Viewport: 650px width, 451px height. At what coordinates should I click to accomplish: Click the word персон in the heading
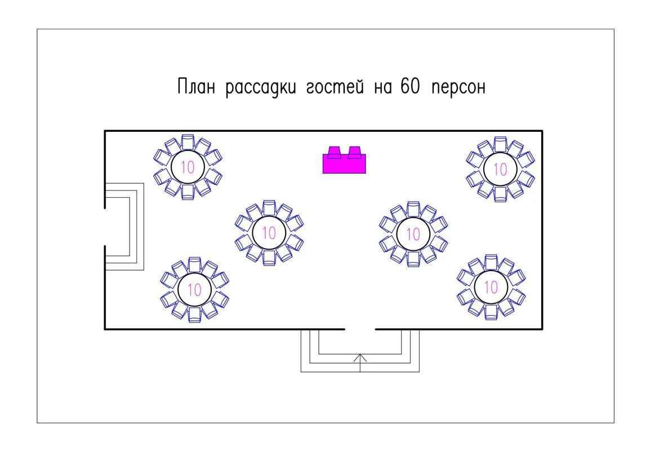pos(459,89)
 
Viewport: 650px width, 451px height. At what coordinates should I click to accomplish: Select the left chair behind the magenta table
pos(334,152)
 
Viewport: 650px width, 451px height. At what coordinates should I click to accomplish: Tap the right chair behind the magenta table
pos(354,152)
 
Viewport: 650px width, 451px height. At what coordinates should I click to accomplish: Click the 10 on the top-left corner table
pos(188,167)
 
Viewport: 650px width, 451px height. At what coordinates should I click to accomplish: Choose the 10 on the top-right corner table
pos(500,169)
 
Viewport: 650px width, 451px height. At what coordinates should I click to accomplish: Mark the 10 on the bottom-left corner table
pos(194,290)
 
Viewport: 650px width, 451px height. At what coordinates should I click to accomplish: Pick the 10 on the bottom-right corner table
pos(491,288)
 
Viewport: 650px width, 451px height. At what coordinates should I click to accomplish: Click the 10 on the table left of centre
pos(269,232)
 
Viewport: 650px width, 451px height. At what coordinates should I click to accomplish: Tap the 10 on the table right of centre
pos(413,233)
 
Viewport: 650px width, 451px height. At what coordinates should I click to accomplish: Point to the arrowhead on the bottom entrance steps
pos(360,357)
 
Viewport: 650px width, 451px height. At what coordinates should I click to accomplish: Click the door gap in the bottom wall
pos(360,328)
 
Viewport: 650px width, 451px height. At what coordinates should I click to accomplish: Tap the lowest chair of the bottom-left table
pos(194,315)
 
